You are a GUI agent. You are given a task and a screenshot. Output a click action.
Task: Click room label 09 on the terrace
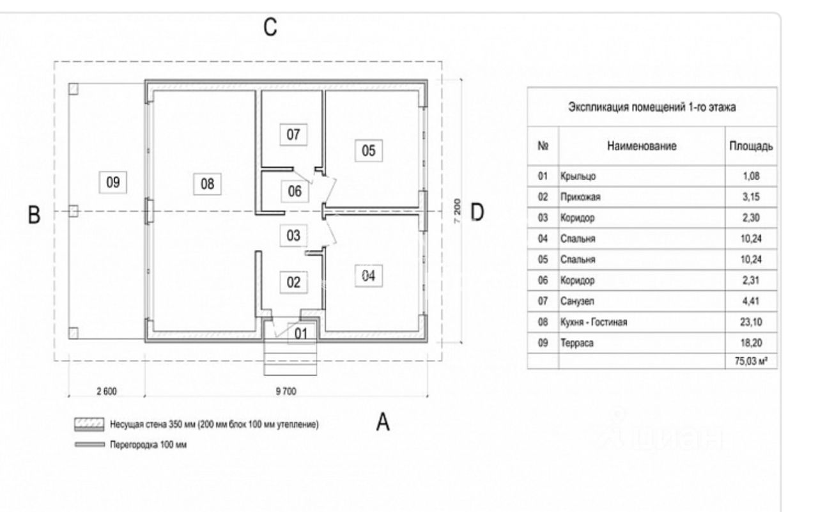click(x=113, y=182)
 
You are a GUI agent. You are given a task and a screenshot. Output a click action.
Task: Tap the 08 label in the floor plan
click(x=207, y=184)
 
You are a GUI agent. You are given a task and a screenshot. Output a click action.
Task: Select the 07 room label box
click(x=293, y=135)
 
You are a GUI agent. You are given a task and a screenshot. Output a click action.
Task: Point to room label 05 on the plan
click(x=369, y=151)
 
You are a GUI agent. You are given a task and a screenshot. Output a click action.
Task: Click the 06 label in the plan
click(x=294, y=190)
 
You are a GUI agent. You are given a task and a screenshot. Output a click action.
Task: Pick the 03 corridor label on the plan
click(x=293, y=235)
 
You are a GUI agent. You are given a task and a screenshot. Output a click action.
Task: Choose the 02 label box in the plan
click(x=293, y=283)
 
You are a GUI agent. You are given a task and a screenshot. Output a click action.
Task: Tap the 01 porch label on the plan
click(x=301, y=333)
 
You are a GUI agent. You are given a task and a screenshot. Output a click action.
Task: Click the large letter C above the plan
click(x=270, y=27)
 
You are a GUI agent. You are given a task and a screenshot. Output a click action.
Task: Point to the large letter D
click(x=477, y=212)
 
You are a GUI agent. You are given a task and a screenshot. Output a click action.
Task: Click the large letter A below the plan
click(x=383, y=422)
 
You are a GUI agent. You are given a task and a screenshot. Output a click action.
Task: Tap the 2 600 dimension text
click(x=106, y=392)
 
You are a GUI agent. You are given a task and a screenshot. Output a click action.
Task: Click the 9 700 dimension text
click(x=286, y=392)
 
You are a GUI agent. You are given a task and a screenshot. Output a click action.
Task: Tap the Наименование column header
click(x=642, y=146)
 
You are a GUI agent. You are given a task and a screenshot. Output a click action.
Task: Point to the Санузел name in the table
click(x=576, y=301)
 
